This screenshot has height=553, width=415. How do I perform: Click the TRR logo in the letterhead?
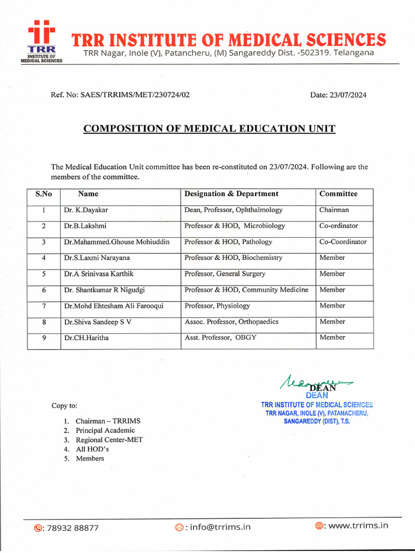pyautogui.click(x=42, y=41)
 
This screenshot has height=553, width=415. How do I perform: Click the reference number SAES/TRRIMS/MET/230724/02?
pyautogui.click(x=120, y=95)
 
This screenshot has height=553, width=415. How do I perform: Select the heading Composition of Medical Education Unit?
pyautogui.click(x=209, y=129)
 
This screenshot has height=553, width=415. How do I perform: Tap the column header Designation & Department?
pyautogui.click(x=231, y=194)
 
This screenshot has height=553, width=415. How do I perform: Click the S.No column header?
pyautogui.click(x=43, y=194)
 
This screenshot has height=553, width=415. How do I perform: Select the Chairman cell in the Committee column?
pyautogui.click(x=334, y=210)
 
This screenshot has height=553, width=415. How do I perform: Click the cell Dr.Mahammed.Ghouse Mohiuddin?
pyautogui.click(x=116, y=242)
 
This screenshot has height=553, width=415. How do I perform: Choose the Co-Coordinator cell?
pyautogui.click(x=343, y=242)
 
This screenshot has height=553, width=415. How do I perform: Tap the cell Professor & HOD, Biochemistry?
pyautogui.click(x=233, y=258)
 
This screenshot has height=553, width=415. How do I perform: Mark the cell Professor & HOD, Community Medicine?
pyautogui.click(x=246, y=290)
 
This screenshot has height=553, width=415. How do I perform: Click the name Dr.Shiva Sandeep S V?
pyautogui.click(x=97, y=322)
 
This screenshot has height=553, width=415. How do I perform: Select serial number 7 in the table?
pyautogui.click(x=43, y=306)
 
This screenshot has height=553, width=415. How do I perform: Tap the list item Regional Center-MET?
pyautogui.click(x=109, y=440)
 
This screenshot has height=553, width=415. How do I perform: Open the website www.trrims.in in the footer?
pyautogui.click(x=358, y=525)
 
